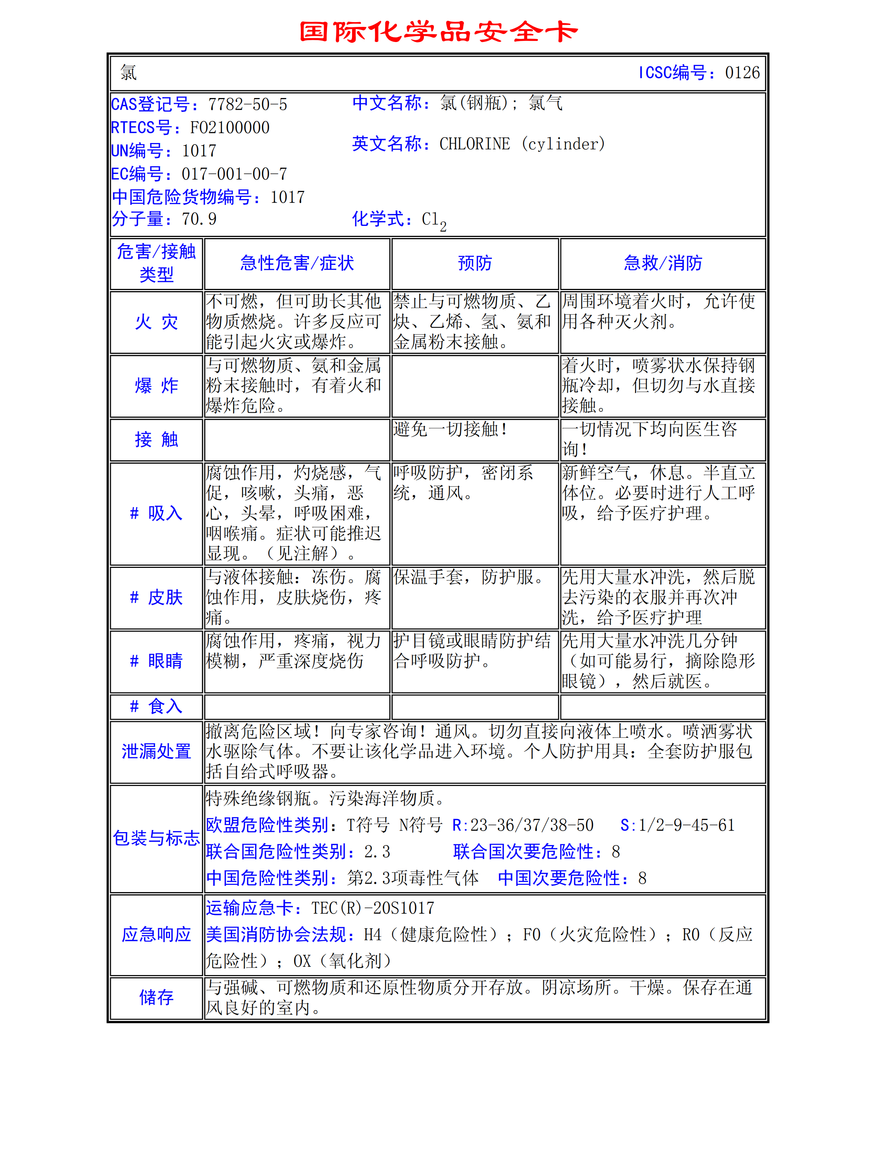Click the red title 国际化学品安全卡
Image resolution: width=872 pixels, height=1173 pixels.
click(438, 32)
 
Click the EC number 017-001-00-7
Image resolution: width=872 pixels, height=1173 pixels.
click(234, 174)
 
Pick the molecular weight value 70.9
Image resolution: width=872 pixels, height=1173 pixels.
click(199, 219)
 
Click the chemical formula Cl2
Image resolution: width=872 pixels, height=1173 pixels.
click(434, 220)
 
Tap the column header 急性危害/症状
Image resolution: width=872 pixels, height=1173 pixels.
click(297, 263)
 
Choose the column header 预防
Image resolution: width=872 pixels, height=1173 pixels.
click(475, 263)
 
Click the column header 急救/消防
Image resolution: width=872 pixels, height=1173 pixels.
click(662, 263)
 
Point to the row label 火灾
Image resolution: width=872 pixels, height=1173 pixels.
click(156, 322)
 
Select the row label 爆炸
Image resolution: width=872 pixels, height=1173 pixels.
click(156, 385)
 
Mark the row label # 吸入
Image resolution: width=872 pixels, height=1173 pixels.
click(156, 513)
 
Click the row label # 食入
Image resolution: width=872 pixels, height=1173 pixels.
click(156, 706)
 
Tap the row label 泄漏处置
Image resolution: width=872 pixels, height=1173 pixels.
click(156, 751)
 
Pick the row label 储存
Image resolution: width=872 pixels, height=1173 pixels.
click(156, 997)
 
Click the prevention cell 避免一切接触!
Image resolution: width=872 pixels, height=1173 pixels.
click(450, 429)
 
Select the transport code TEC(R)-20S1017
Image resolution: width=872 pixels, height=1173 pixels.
click(373, 908)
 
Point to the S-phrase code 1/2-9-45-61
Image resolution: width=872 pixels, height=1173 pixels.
click(686, 825)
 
